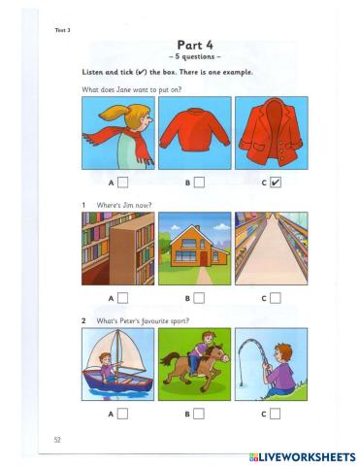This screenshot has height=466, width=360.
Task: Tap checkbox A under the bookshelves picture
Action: [x=123, y=298]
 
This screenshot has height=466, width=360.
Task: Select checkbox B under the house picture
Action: [x=199, y=298]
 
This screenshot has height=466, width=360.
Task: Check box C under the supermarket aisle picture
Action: [x=276, y=298]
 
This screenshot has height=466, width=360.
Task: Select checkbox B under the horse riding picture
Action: [x=199, y=414]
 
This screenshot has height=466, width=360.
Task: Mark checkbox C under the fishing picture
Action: [x=276, y=414]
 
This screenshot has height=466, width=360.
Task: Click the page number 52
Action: [x=59, y=440]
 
